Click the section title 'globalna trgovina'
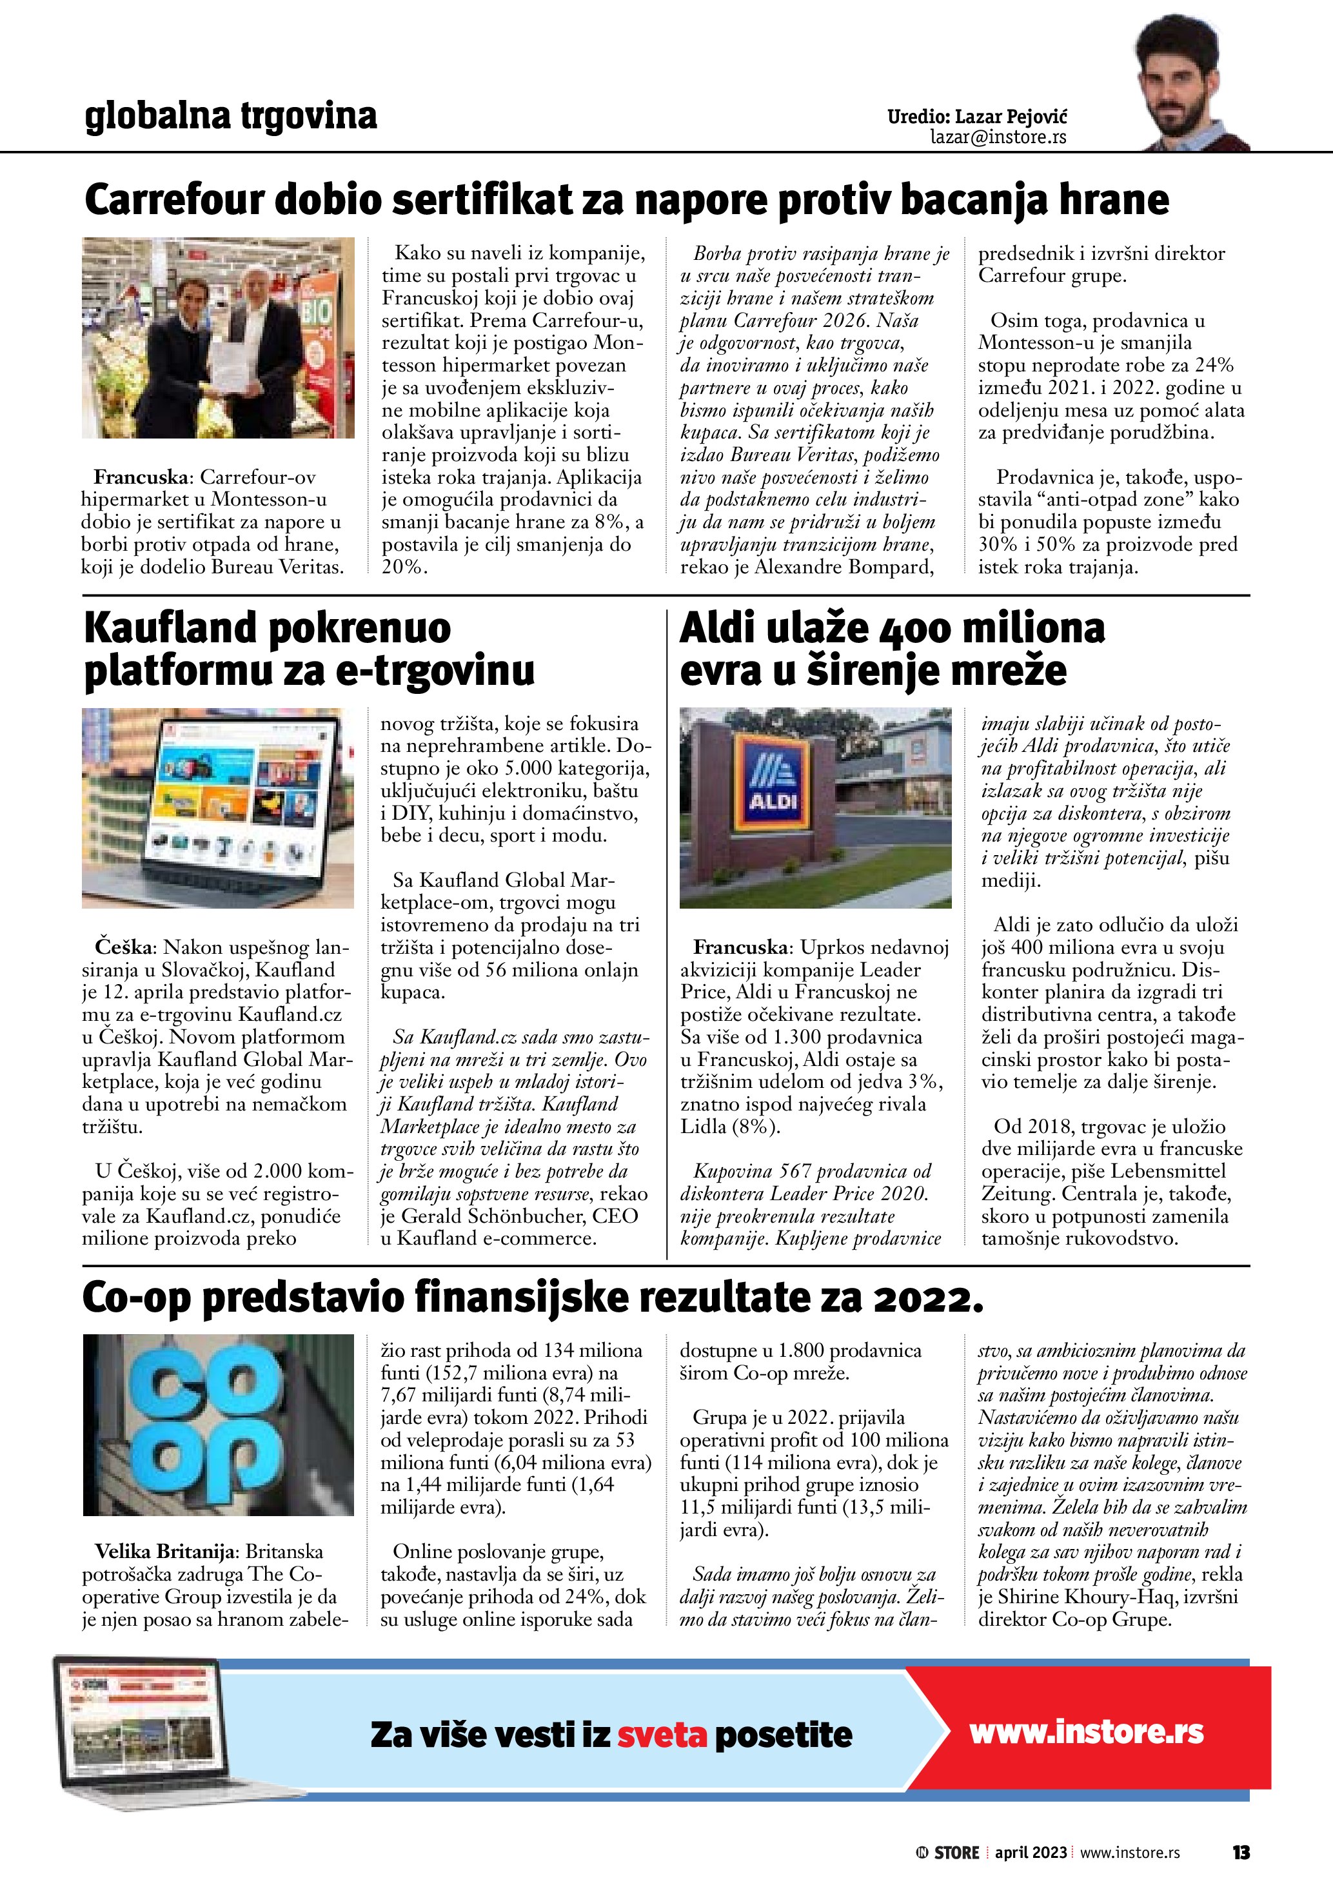[231, 116]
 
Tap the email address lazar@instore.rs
[998, 137]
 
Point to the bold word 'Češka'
[124, 947]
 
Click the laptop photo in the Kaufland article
[219, 808]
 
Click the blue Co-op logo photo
[219, 1425]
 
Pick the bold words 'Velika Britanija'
[165, 1551]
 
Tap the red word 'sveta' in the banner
[662, 1735]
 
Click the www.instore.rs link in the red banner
[1086, 1732]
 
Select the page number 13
[1240, 1852]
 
